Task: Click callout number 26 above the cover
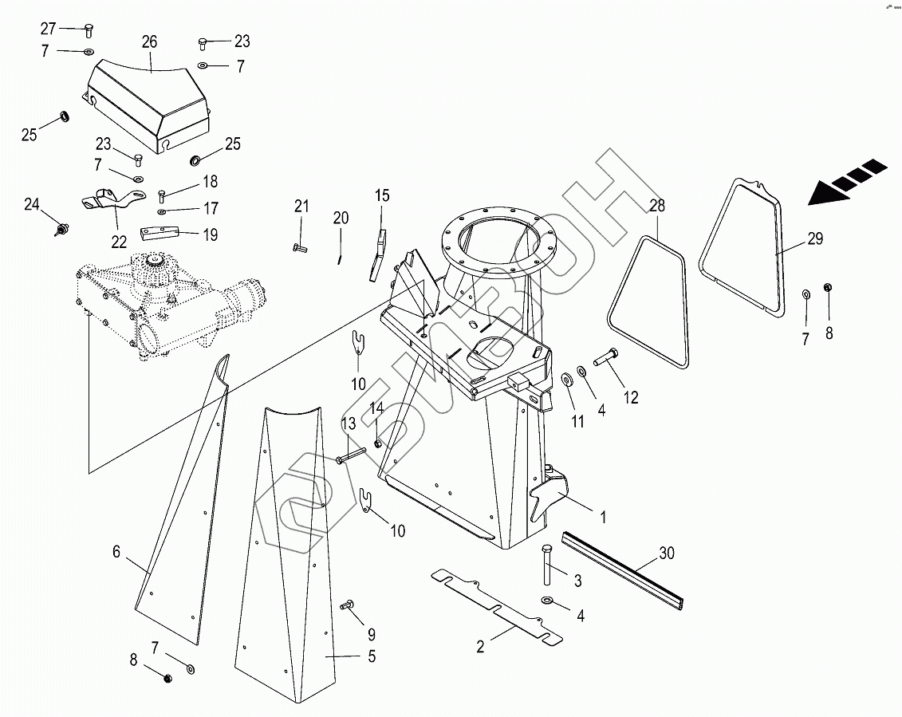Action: (150, 42)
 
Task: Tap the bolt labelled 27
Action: (89, 30)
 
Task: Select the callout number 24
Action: (32, 204)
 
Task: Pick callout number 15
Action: (382, 195)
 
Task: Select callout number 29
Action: (815, 238)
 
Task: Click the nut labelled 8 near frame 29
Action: (828, 288)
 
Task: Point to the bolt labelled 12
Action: (606, 358)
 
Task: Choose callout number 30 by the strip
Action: (666, 553)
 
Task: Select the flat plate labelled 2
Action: (497, 606)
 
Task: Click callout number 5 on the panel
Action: (372, 656)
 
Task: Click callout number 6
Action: (116, 552)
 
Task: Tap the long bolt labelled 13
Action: (350, 455)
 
